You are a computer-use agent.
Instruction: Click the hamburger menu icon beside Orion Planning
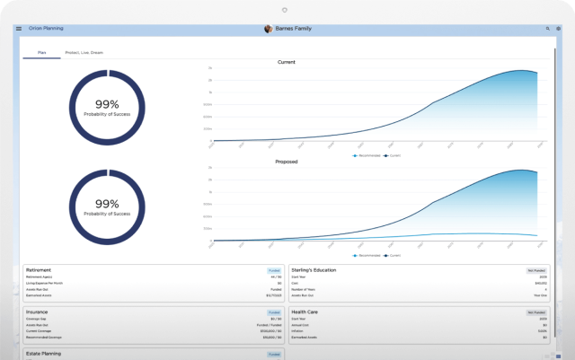tap(18, 29)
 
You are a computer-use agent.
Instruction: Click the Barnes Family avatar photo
tap(268, 29)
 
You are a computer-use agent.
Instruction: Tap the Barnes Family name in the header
tap(292, 29)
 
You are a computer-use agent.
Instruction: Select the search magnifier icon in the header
tap(547, 29)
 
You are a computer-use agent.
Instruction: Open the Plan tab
tap(41, 53)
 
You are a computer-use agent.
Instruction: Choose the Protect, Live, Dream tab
tap(84, 53)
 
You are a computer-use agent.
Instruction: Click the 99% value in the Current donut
tap(107, 103)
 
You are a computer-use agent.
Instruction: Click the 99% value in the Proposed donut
tap(107, 204)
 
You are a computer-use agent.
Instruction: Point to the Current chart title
tap(287, 62)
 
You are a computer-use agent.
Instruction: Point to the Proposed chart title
tap(287, 162)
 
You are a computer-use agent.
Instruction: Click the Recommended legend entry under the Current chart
tap(366, 155)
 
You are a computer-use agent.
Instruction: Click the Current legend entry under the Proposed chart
tap(393, 255)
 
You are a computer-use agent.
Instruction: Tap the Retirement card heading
tap(40, 269)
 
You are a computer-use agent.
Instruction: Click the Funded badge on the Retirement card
tap(274, 269)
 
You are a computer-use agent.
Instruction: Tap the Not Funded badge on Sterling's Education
tap(536, 269)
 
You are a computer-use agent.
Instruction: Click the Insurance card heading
tap(39, 312)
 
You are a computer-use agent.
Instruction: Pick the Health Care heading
tap(305, 312)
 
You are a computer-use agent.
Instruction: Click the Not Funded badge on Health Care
tap(536, 312)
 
